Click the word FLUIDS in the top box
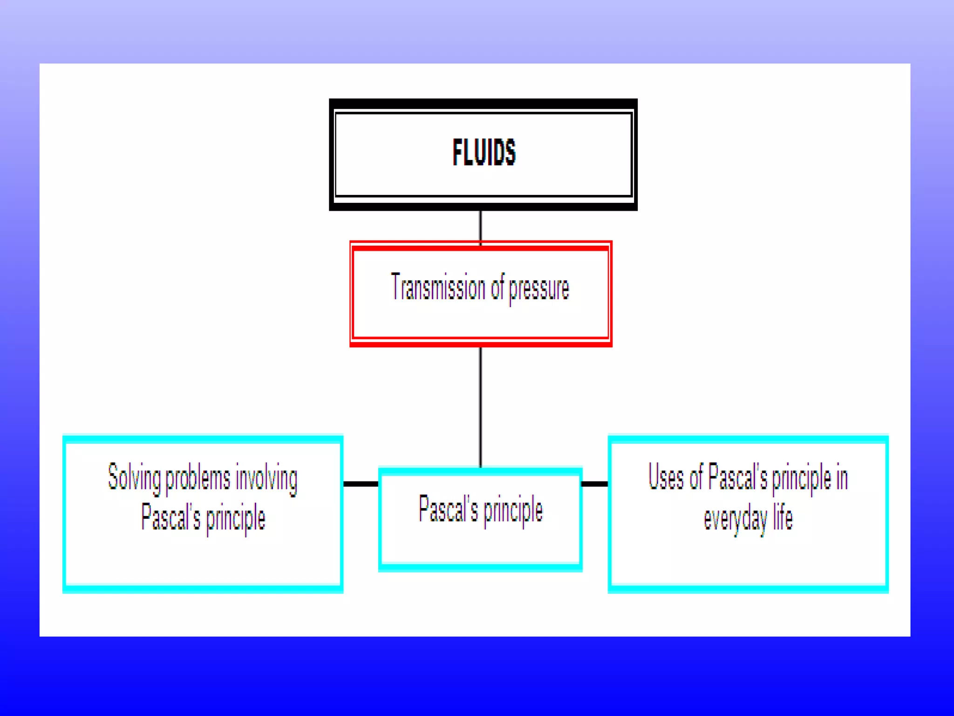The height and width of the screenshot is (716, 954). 484,152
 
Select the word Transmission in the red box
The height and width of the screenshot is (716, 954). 438,287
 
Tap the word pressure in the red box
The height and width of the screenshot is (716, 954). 538,289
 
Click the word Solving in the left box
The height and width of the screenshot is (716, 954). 134,478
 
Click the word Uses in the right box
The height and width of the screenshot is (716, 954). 666,477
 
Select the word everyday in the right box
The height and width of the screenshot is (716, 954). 735,519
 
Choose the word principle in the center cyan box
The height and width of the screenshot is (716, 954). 513,511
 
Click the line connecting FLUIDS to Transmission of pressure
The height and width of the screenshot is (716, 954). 480,226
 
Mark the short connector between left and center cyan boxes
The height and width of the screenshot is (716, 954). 361,484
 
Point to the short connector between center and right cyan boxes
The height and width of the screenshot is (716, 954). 595,484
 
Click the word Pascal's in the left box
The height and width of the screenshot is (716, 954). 170,517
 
